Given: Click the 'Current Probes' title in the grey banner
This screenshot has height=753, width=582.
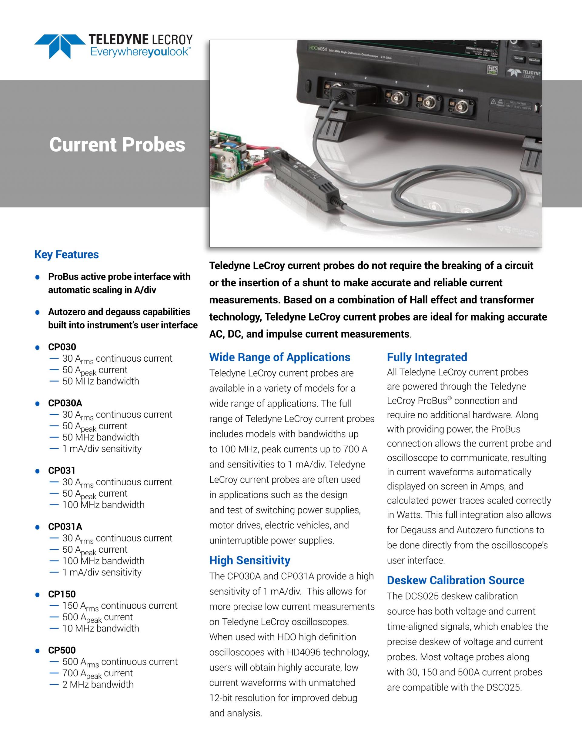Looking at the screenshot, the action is (117, 145).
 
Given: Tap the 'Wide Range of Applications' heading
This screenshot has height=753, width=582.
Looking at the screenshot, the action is (279, 357).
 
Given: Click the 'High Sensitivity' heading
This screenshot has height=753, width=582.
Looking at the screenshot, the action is (250, 560).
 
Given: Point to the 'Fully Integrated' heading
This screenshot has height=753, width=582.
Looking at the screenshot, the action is (427, 357).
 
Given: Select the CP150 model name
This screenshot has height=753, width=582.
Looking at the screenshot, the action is (62, 594).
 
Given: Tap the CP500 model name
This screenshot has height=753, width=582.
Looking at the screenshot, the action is (62, 650).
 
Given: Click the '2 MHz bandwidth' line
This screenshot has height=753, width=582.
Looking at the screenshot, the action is (98, 684).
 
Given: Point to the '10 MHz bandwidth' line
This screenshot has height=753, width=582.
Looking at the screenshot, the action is (101, 628).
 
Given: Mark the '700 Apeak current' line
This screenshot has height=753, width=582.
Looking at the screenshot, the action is (98, 674).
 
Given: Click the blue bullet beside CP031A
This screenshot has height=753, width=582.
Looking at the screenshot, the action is (38, 527).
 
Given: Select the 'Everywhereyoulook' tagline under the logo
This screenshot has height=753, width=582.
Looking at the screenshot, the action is (139, 52).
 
